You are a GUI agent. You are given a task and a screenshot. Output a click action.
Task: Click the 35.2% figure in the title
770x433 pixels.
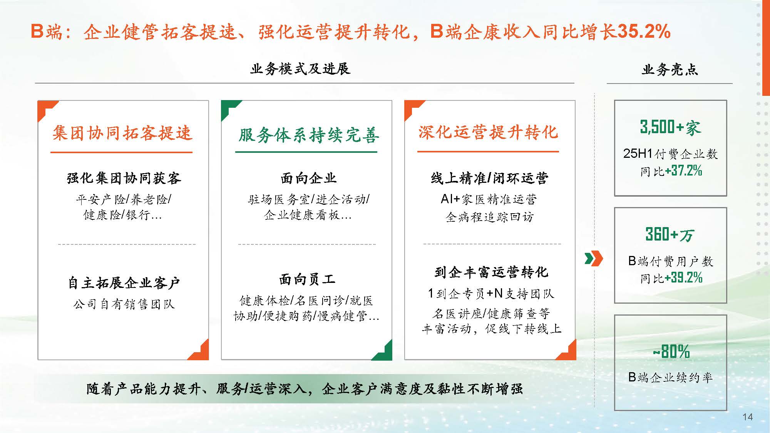[644, 31]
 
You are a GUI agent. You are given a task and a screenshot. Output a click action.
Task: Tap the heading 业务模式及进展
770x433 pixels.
[300, 69]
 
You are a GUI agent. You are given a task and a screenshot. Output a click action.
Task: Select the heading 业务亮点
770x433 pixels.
[670, 69]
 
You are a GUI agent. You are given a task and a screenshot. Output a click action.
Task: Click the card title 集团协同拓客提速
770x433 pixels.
[122, 133]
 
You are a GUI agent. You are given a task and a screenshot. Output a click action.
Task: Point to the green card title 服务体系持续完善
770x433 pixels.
[309, 135]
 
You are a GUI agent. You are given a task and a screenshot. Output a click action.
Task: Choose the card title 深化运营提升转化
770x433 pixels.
[488, 132]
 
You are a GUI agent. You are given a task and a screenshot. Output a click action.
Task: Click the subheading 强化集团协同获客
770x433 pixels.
[124, 178]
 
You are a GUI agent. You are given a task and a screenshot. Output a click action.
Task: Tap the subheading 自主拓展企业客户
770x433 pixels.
[124, 283]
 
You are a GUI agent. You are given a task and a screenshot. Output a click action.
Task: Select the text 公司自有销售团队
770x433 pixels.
[124, 304]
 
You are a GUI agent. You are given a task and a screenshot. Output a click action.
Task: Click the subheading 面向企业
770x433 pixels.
[308, 178]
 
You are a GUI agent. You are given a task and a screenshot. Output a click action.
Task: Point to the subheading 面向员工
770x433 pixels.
[307, 279]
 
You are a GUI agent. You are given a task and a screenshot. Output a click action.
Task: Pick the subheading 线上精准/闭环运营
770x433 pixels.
[490, 178]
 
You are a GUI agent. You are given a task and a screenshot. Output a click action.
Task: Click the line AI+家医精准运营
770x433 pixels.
[489, 199]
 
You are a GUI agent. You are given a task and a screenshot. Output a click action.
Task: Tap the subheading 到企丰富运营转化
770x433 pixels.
[491, 272]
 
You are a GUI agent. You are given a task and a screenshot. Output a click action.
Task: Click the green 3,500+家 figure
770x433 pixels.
[670, 127]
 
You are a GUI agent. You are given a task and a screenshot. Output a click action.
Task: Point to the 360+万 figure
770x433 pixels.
[670, 234]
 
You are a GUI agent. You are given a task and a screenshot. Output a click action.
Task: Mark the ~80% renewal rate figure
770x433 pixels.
[671, 351]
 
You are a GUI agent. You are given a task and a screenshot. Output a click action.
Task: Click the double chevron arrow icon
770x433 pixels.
[594, 259]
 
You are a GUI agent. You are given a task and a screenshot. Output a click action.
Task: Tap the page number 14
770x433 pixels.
[748, 417]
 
